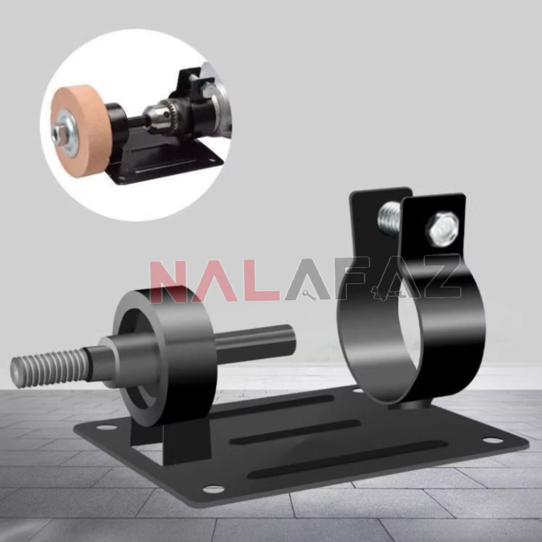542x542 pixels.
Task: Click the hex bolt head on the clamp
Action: tap(442, 229)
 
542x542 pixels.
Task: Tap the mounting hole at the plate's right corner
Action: tap(492, 440)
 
